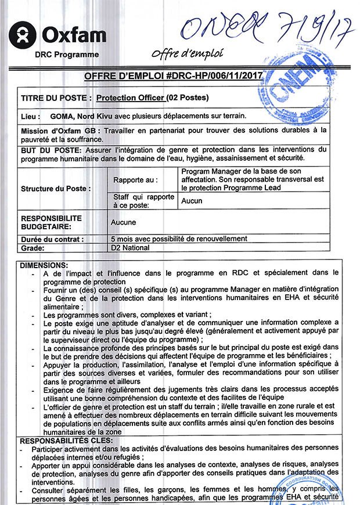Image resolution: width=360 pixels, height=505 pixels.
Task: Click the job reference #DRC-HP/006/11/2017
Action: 214,76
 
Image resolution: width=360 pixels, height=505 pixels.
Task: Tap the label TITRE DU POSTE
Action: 56,98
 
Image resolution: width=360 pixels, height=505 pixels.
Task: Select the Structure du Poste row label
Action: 56,189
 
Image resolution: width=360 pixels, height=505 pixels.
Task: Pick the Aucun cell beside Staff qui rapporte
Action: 192,201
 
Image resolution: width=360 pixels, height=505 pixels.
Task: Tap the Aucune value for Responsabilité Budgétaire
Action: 123,222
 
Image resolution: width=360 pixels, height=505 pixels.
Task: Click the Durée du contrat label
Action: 52,239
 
